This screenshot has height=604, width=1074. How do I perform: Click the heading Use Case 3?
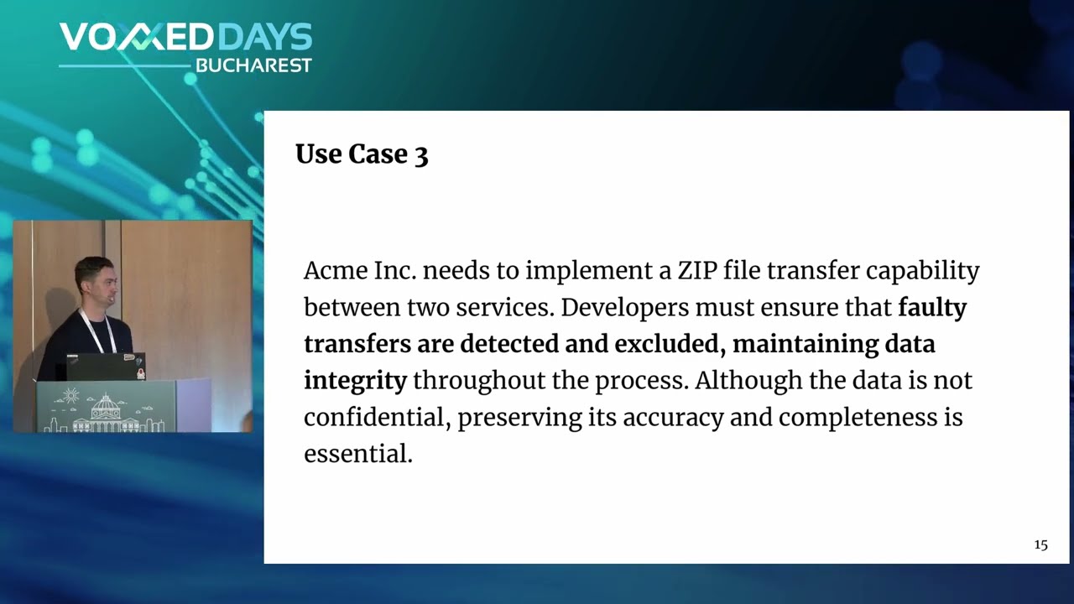(x=362, y=154)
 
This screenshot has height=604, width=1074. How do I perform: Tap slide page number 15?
(x=1040, y=545)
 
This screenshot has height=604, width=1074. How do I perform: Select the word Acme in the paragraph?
(x=335, y=271)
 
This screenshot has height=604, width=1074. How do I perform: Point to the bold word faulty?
(x=932, y=309)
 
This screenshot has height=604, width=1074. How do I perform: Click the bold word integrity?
(x=355, y=382)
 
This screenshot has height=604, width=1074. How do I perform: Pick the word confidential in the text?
(x=378, y=417)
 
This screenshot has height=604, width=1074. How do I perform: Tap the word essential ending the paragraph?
(x=358, y=454)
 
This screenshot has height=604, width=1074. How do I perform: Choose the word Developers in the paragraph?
(x=625, y=309)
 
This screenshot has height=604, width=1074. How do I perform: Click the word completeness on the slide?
(x=858, y=418)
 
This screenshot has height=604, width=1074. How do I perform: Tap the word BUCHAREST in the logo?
(x=253, y=65)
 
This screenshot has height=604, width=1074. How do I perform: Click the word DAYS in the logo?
(x=268, y=37)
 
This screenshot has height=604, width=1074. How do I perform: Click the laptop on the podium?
(x=106, y=367)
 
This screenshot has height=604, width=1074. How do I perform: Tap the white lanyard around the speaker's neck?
(x=96, y=331)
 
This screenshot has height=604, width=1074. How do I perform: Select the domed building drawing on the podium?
(x=106, y=413)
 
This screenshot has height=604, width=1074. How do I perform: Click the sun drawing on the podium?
(x=70, y=395)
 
